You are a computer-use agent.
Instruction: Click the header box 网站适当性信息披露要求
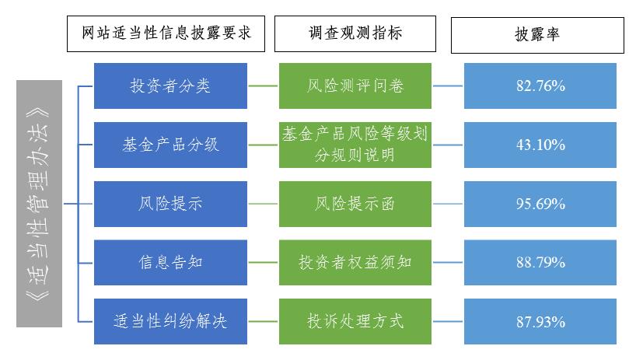(166, 34)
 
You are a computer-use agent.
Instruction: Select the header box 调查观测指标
(355, 34)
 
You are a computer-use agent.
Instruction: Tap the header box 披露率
(537, 34)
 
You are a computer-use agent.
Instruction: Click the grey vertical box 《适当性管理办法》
(40, 202)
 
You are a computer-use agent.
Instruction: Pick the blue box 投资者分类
(170, 86)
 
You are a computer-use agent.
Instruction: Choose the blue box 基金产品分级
(170, 145)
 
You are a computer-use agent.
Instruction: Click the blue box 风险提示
(170, 204)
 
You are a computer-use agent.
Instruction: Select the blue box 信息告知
(170, 262)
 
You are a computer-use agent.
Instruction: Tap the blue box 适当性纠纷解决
(170, 320)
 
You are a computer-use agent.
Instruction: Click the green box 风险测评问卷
(355, 86)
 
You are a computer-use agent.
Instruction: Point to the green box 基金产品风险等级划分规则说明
(355, 145)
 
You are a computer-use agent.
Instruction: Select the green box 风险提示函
(355, 204)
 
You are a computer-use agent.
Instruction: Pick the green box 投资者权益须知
(355, 262)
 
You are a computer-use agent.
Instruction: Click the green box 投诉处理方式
(355, 320)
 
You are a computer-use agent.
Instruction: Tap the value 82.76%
(540, 86)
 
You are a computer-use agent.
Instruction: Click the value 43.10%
(540, 145)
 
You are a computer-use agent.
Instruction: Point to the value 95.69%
(540, 204)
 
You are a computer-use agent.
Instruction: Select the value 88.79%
(540, 262)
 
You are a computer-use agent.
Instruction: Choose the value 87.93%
(540, 320)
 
